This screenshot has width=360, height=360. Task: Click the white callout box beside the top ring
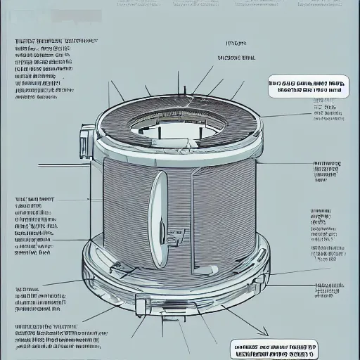click(309, 86)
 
